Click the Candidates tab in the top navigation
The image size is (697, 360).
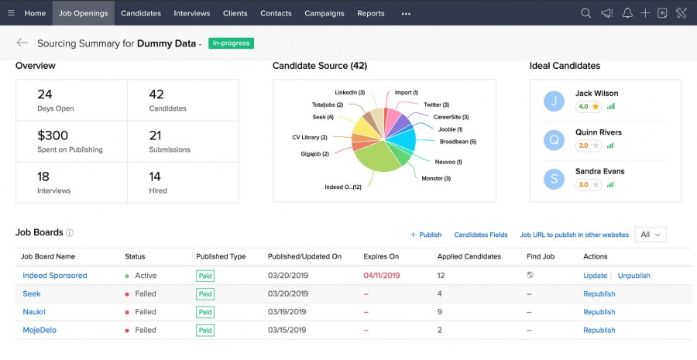click(140, 13)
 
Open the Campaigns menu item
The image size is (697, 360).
click(324, 13)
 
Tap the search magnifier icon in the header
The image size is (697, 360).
click(585, 13)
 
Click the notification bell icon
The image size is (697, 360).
click(627, 13)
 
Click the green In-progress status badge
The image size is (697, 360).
click(230, 43)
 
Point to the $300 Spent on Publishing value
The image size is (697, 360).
click(53, 135)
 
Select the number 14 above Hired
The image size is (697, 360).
click(155, 177)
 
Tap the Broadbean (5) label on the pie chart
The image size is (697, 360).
click(458, 142)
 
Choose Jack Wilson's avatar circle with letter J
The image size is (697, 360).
click(554, 100)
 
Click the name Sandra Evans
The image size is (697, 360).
click(599, 171)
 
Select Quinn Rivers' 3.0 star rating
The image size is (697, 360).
click(588, 146)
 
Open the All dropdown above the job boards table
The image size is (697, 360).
click(650, 235)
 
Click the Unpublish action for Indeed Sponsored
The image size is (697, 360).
click(633, 276)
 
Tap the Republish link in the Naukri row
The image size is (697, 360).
click(599, 312)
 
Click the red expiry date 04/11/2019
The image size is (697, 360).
click(381, 276)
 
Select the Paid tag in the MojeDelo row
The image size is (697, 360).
click(205, 330)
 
